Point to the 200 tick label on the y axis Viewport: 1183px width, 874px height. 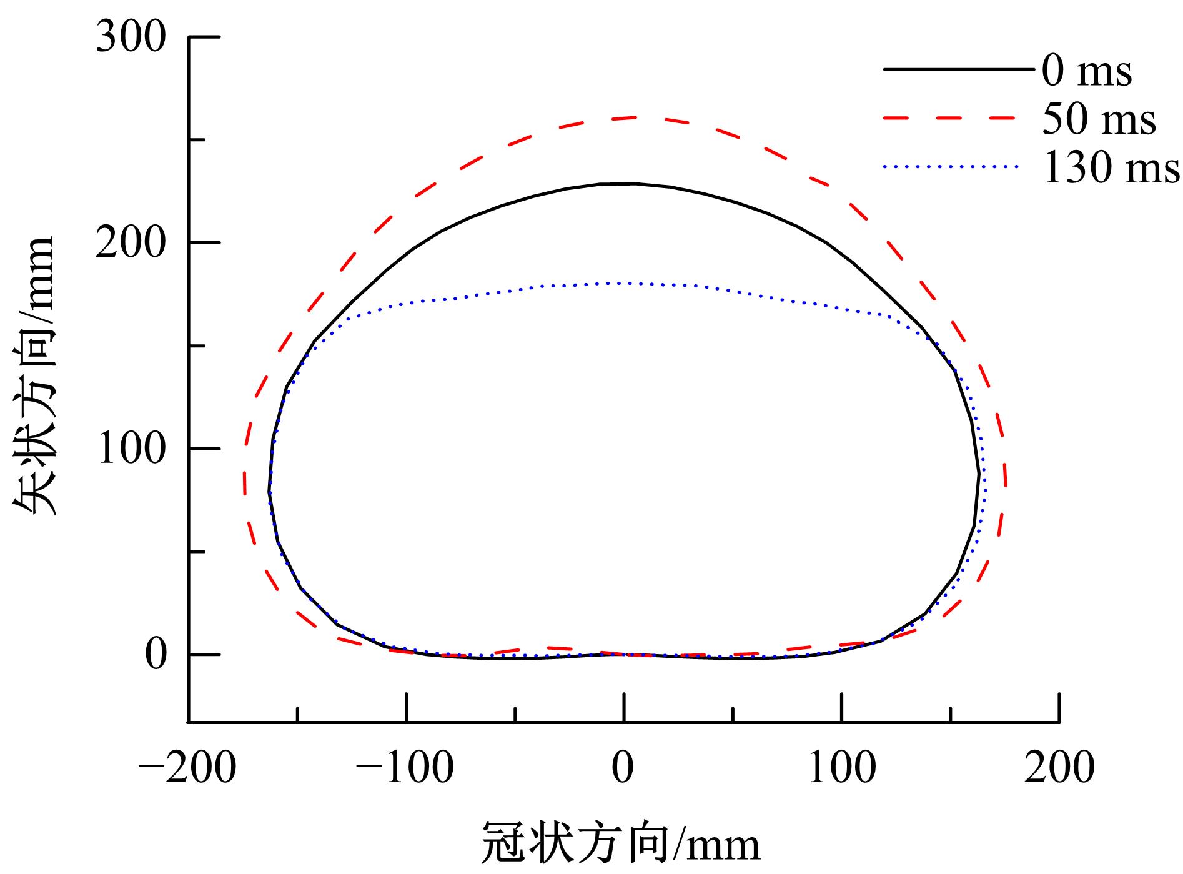131,243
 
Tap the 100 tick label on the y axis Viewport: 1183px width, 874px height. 132,449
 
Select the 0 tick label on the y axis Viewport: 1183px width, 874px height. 157,655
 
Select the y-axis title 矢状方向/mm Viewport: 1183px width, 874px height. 36,375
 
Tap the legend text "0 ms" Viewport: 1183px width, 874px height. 1086,71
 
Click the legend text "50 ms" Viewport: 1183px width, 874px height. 1099,119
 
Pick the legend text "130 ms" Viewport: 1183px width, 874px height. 1111,168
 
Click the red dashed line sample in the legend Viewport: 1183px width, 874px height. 950,117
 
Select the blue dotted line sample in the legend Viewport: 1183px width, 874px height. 950,166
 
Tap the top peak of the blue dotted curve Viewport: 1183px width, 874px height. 621,283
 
